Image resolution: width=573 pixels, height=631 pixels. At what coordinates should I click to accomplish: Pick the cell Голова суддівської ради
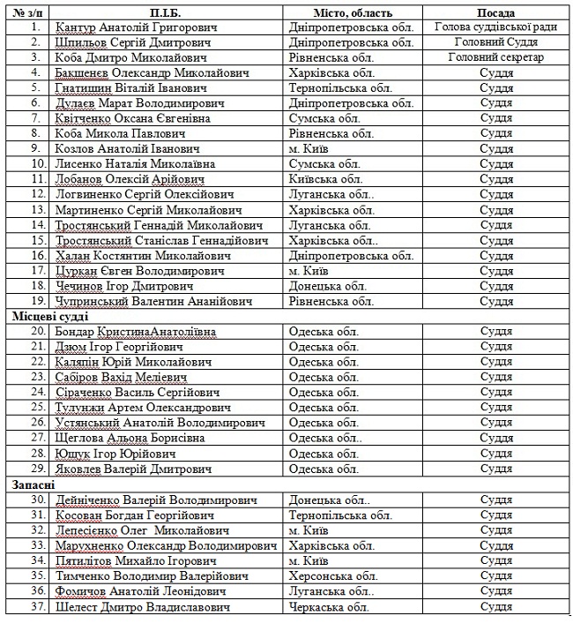tap(495, 28)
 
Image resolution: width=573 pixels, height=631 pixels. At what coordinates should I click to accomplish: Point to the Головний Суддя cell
tap(495, 42)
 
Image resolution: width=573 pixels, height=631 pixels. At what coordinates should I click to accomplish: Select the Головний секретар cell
tap(495, 57)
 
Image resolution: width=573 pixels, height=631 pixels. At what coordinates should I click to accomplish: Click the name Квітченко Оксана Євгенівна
tap(132, 117)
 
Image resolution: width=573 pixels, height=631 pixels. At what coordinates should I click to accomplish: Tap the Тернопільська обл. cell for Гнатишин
tap(340, 88)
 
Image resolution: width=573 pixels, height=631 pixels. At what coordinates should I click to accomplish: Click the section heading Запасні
tap(33, 485)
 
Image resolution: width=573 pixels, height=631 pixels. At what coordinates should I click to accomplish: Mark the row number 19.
tap(36, 301)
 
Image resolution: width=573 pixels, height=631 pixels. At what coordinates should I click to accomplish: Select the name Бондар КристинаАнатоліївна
tap(135, 332)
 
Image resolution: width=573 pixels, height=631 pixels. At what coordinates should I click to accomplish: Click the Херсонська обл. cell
tap(333, 575)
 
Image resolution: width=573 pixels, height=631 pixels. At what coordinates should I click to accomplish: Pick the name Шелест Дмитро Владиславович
tap(143, 606)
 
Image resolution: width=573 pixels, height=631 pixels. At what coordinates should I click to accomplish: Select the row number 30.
tap(36, 500)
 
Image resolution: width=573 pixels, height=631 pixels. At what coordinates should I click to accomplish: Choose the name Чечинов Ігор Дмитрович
tap(123, 286)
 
